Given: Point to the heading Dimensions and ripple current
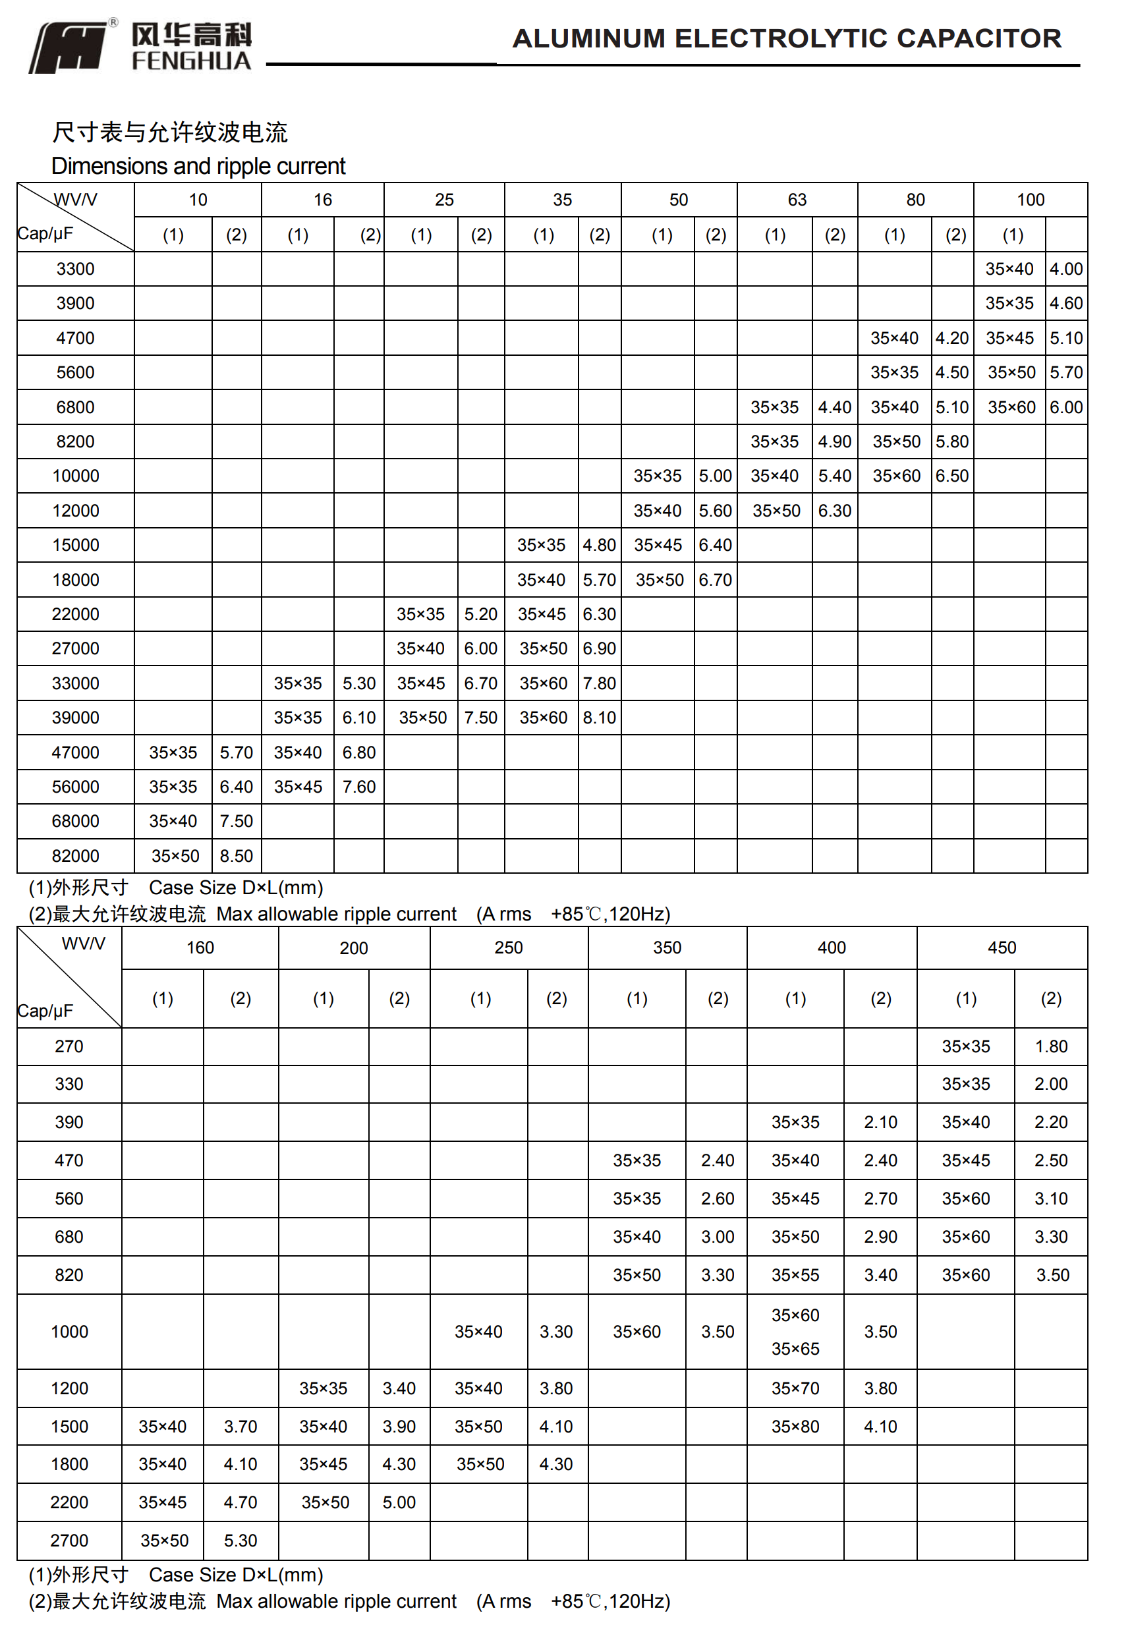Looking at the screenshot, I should tap(198, 166).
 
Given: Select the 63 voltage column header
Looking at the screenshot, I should tap(797, 200).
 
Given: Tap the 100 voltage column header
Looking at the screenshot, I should tap(1030, 200).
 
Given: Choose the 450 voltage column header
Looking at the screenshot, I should tap(1001, 948).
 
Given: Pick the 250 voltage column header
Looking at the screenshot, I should tap(508, 948).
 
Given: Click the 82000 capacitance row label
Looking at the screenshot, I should tap(75, 855).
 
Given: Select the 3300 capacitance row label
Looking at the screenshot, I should tap(75, 269).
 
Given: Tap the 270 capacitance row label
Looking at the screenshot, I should tap(69, 1046).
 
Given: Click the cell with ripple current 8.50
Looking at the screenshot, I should tap(236, 856).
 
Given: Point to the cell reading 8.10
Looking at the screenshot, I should tap(600, 718).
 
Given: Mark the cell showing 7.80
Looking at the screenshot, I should tap(600, 683).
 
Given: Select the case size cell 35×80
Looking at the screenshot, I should tap(795, 1427).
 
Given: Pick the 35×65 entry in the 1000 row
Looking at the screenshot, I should tap(795, 1348).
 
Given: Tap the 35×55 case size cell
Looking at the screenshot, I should tap(795, 1274).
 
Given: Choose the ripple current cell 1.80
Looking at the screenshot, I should tap(1050, 1046).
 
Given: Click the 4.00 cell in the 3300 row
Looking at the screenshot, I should tap(1065, 269).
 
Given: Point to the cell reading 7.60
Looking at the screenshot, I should tap(359, 787).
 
